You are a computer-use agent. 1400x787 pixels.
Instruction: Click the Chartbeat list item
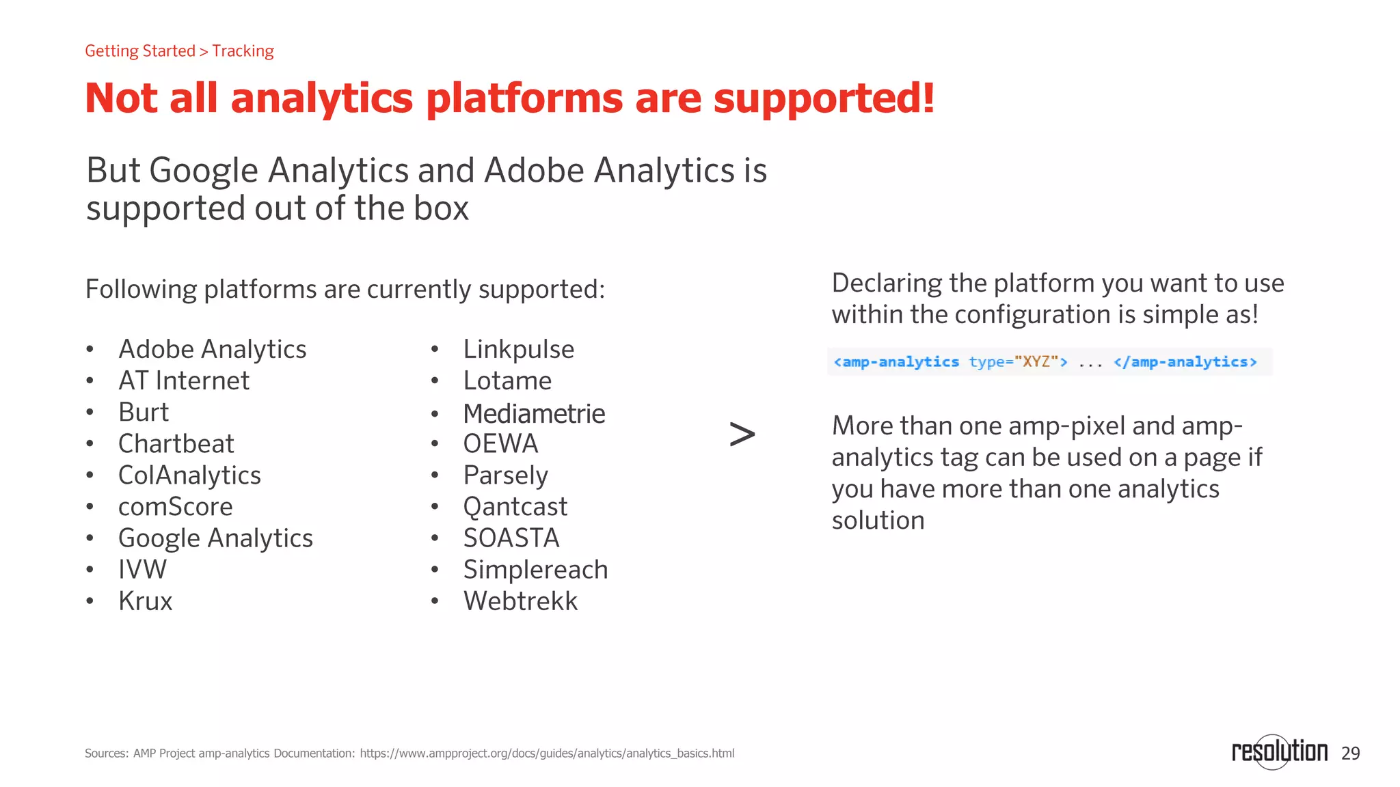[176, 444]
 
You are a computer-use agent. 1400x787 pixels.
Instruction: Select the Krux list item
[145, 601]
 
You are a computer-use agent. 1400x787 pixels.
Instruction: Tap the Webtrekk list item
[520, 601]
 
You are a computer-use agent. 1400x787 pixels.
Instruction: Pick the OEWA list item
[500, 444]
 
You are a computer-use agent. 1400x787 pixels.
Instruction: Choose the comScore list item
[175, 507]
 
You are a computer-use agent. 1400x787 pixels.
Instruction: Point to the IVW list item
[142, 570]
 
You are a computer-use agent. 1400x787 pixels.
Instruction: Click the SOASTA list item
[511, 538]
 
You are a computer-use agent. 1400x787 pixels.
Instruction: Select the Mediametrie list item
[534, 413]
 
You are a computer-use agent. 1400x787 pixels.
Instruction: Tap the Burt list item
[143, 413]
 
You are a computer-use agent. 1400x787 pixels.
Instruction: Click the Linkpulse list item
[518, 349]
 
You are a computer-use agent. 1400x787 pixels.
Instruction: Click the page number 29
[1350, 754]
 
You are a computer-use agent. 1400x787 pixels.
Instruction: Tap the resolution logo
[1279, 751]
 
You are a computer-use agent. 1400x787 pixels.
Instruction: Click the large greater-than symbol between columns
[742, 434]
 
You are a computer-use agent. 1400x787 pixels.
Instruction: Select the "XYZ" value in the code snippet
[1036, 361]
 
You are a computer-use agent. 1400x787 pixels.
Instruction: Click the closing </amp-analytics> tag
[1185, 361]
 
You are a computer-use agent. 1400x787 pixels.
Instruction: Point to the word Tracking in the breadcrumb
[243, 51]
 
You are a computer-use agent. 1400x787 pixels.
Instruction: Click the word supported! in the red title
[824, 98]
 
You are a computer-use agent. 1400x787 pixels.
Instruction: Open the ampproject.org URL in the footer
[547, 754]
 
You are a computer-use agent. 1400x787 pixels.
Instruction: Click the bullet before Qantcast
[435, 507]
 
